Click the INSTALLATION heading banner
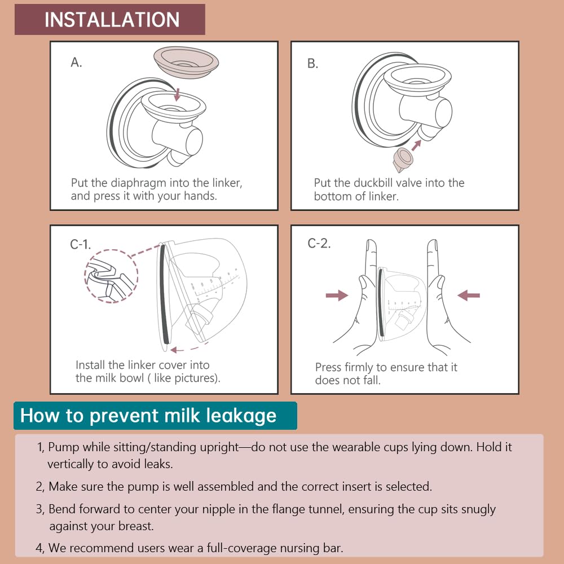(110, 19)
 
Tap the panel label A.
(76, 63)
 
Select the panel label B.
(312, 64)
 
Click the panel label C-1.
(81, 244)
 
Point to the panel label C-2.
(319, 244)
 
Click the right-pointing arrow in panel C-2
(337, 295)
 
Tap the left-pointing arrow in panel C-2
(468, 294)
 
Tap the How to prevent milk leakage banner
(148, 416)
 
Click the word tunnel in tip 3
(327, 509)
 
